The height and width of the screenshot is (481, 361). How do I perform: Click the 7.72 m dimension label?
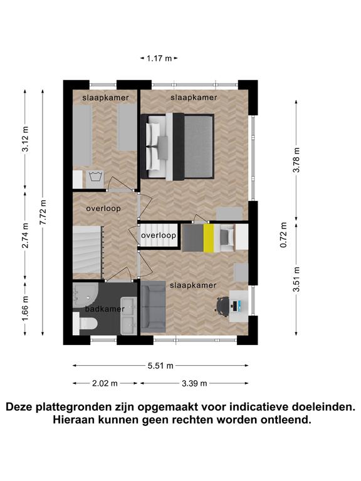click(x=43, y=212)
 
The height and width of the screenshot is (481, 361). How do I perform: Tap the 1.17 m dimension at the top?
click(x=159, y=58)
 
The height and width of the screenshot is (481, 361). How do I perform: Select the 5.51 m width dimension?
click(x=160, y=366)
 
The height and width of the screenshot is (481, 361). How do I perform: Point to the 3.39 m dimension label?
click(x=194, y=383)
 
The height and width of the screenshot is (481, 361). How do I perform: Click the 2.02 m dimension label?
click(x=105, y=383)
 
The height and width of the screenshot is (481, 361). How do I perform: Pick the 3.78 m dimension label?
click(x=296, y=160)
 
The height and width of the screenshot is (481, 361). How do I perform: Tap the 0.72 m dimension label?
click(x=284, y=235)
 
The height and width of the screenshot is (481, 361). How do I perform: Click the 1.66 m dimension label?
click(x=26, y=308)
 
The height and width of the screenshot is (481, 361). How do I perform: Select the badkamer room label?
click(x=105, y=309)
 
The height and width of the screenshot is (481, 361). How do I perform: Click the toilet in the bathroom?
click(x=85, y=324)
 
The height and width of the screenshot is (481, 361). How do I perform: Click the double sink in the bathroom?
click(x=128, y=316)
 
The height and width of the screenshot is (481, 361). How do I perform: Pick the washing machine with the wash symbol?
click(x=95, y=178)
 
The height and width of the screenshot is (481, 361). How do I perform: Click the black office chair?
click(x=222, y=306)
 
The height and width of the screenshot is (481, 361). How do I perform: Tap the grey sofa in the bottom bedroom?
click(x=153, y=308)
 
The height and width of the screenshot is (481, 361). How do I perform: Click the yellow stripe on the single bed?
click(x=209, y=238)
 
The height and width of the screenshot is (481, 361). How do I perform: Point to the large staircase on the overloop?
click(x=88, y=249)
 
